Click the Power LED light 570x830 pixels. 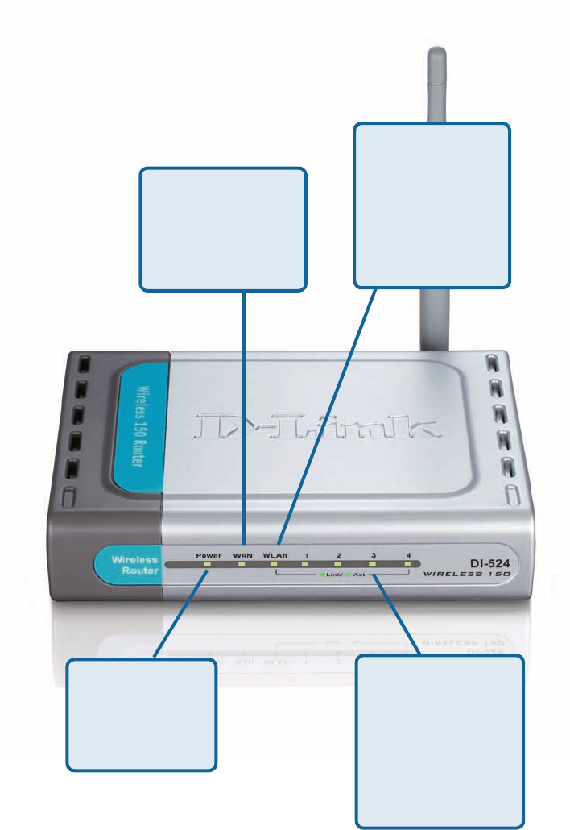[x=208, y=565]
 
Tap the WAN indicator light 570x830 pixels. [x=242, y=565]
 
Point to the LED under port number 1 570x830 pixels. [x=307, y=565]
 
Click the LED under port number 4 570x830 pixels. [x=408, y=565]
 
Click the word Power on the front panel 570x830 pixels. [x=208, y=555]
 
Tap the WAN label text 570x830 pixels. [x=242, y=555]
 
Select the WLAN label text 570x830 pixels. [x=276, y=555]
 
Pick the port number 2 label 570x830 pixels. [x=340, y=555]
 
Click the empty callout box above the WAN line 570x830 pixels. [x=223, y=228]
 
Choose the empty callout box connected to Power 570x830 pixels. [x=142, y=714]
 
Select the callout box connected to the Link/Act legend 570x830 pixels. [x=440, y=741]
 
